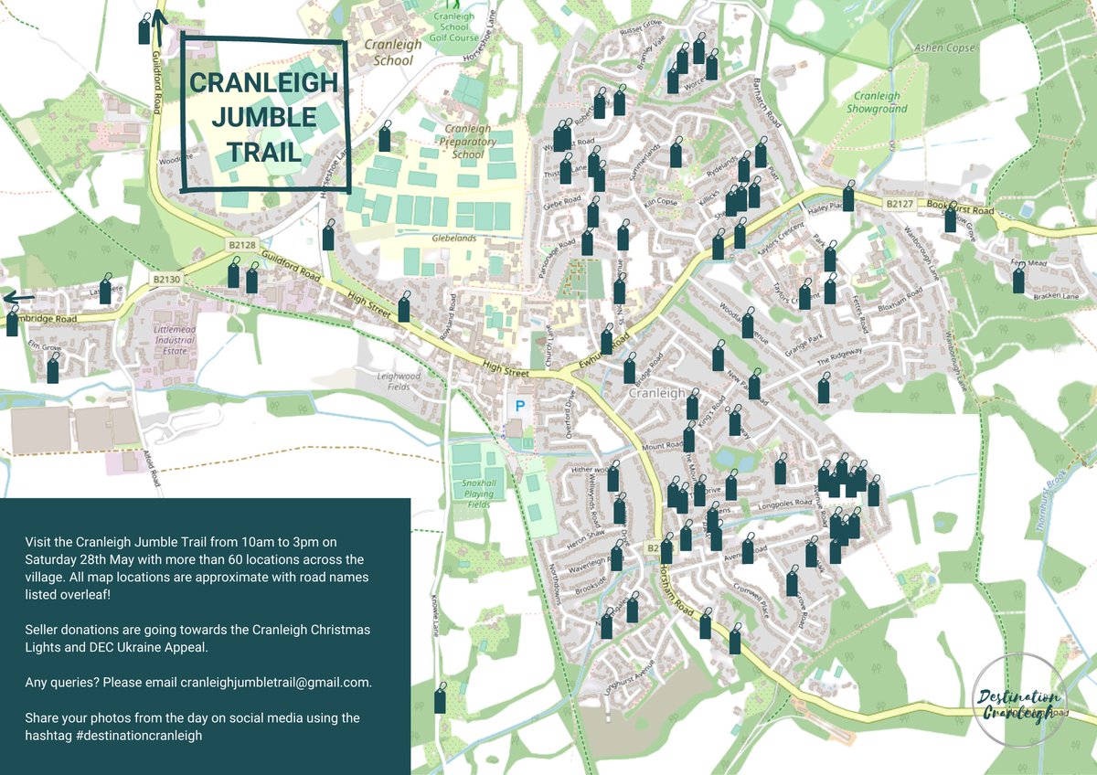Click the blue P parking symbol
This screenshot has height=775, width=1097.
(x=521, y=404)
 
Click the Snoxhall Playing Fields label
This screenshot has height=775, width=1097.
(x=478, y=494)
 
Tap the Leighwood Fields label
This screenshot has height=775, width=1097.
(x=399, y=382)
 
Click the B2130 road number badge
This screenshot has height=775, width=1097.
(x=167, y=279)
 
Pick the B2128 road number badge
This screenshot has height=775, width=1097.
(x=241, y=245)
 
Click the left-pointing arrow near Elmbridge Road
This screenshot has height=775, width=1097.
(x=18, y=298)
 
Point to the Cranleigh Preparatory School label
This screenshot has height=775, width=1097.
(x=467, y=142)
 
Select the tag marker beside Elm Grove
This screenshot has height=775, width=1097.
(x=53, y=370)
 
